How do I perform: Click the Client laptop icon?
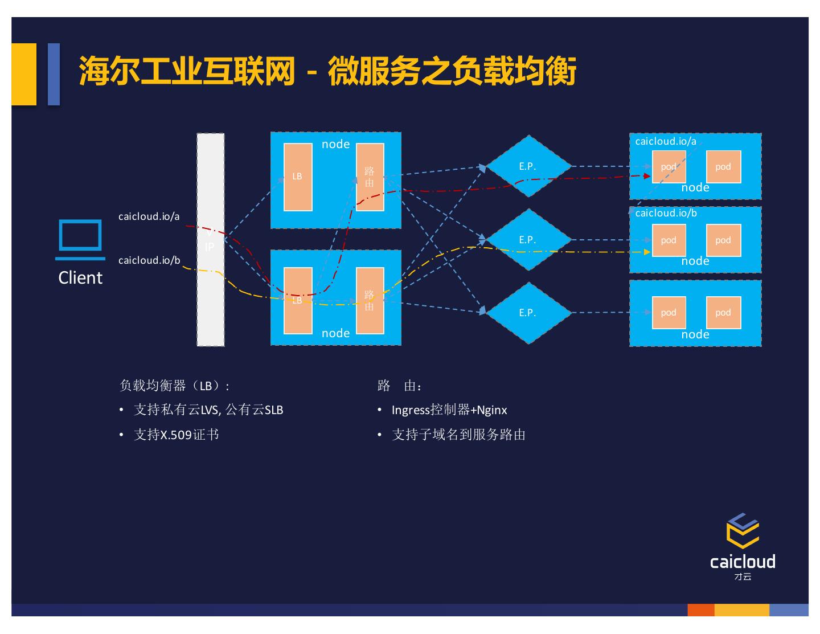[x=80, y=239]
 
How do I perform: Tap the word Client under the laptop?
[x=80, y=277]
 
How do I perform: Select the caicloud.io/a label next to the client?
[x=149, y=216]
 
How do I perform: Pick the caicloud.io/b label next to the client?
[x=149, y=260]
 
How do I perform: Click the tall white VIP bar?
[x=210, y=240]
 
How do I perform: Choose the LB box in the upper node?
[x=297, y=177]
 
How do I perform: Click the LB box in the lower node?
[x=297, y=300]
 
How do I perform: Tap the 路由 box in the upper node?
[x=370, y=177]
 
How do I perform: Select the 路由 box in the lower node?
[x=370, y=300]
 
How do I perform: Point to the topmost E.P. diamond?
[x=528, y=166]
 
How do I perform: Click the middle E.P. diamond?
[x=528, y=240]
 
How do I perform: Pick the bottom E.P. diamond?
[x=528, y=313]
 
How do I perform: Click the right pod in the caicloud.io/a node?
[x=723, y=167]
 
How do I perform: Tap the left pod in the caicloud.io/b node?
[x=669, y=240]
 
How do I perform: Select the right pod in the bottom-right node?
[x=723, y=313]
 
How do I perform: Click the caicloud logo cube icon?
[x=743, y=530]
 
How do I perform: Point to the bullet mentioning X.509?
[x=177, y=435]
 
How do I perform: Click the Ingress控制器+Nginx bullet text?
[x=449, y=410]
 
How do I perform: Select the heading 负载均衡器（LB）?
[x=174, y=386]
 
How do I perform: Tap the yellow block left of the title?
[x=24, y=74]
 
